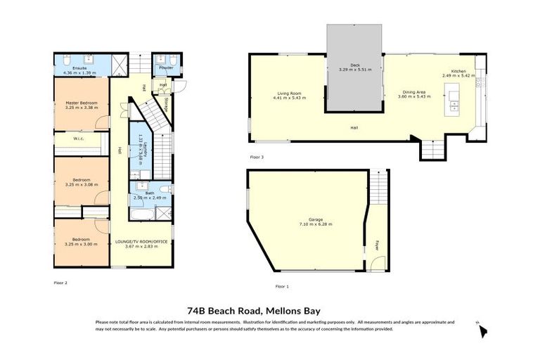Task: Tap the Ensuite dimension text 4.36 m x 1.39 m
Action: (79, 73)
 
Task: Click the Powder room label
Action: (166, 68)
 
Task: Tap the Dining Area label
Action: (413, 92)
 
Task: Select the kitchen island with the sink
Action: (454, 98)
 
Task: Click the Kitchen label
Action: (458, 71)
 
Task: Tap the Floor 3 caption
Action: (257, 157)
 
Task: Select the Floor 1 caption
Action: (282, 286)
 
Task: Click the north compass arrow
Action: (482, 330)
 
